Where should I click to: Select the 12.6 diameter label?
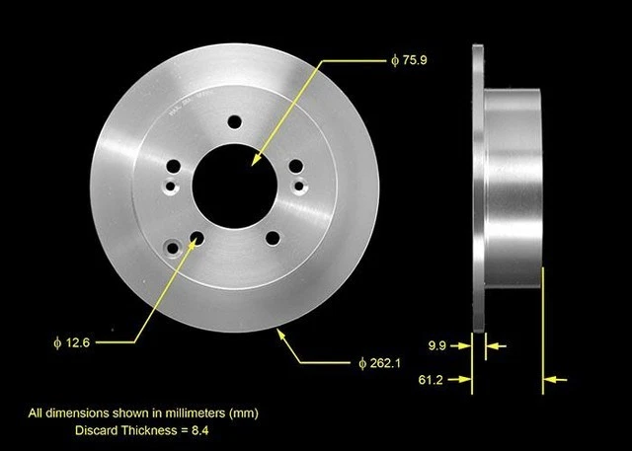[75, 342]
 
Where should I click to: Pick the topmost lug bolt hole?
[235, 121]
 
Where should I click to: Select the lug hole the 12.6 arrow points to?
[197, 239]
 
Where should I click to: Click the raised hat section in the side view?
[513, 183]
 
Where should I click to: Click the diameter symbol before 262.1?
[363, 364]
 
